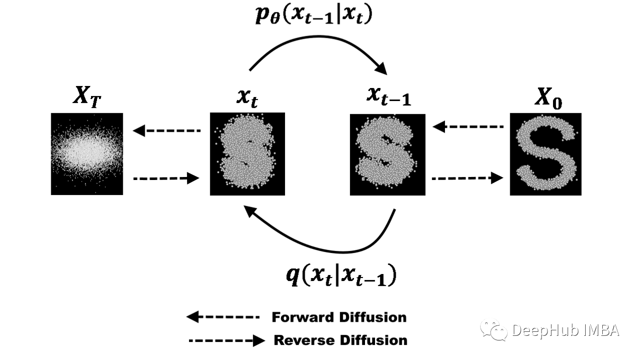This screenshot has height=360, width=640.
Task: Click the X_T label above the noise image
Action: pyautogui.click(x=87, y=97)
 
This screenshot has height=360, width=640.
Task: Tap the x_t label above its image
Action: pyautogui.click(x=247, y=99)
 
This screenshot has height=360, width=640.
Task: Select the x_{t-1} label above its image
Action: pyautogui.click(x=389, y=97)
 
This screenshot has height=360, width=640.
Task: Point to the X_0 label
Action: pyautogui.click(x=548, y=98)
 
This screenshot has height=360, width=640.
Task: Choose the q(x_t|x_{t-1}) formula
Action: pyautogui.click(x=341, y=275)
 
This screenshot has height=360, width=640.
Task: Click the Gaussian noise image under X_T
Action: pyautogui.click(x=87, y=154)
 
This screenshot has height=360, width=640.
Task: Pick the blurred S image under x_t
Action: pyautogui.click(x=247, y=154)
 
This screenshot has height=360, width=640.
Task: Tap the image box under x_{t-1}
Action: pyautogui.click(x=388, y=154)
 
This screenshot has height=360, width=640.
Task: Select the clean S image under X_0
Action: pyautogui.click(x=545, y=154)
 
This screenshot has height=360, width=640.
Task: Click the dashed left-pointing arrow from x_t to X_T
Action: pyautogui.click(x=166, y=131)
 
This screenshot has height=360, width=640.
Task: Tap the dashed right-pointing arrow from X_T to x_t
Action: pyautogui.click(x=166, y=178)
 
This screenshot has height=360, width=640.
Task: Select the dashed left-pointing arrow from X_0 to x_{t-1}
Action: pyautogui.click(x=468, y=127)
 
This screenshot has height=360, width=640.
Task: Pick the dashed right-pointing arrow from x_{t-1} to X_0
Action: pyautogui.click(x=468, y=178)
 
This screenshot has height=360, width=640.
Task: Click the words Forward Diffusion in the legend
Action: pyautogui.click(x=339, y=317)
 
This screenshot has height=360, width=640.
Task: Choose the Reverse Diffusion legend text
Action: pyautogui.click(x=340, y=340)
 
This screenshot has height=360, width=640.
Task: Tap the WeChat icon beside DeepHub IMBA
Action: pyautogui.click(x=494, y=330)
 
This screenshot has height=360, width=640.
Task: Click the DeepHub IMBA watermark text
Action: pyautogui.click(x=566, y=330)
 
